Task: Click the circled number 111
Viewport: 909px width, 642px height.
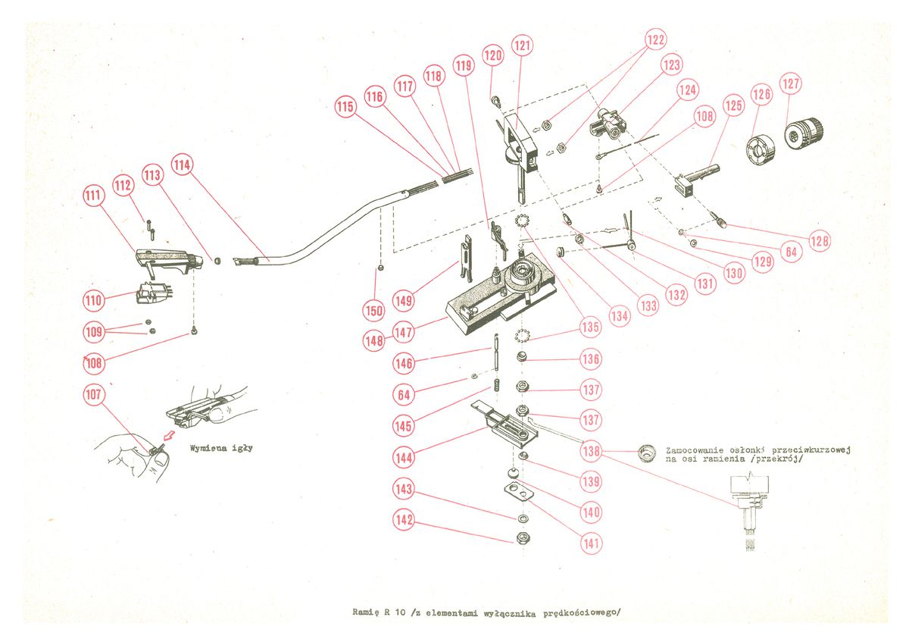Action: [x=92, y=196]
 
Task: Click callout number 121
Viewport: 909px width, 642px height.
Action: [x=522, y=45]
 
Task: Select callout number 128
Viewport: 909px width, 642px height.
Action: [x=818, y=241]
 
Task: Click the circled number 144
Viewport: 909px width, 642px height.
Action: [x=403, y=457]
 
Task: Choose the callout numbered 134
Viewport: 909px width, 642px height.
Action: [x=620, y=316]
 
